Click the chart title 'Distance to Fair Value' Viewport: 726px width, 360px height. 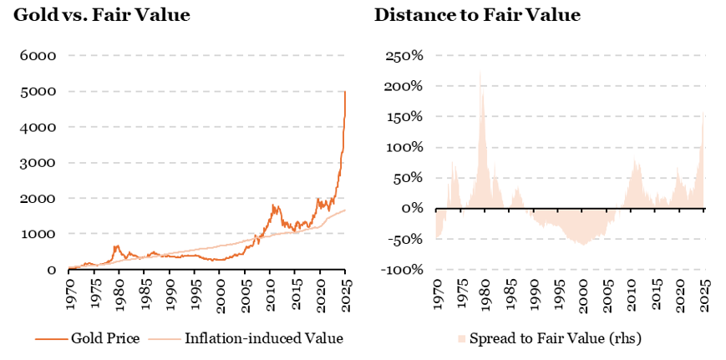click(477, 15)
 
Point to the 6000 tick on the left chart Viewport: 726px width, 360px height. click(38, 56)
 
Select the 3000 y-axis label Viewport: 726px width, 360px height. click(38, 163)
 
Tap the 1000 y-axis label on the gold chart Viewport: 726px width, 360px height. click(38, 235)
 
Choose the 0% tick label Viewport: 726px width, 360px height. click(413, 209)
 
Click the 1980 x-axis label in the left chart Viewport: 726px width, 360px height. click(119, 294)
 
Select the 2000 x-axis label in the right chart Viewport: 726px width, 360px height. click(586, 294)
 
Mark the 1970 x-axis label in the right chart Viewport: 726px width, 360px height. click(436, 294)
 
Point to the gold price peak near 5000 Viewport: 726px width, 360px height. click(345, 91)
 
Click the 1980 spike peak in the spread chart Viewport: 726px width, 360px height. click(480, 70)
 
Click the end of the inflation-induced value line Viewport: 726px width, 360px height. click(346, 210)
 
